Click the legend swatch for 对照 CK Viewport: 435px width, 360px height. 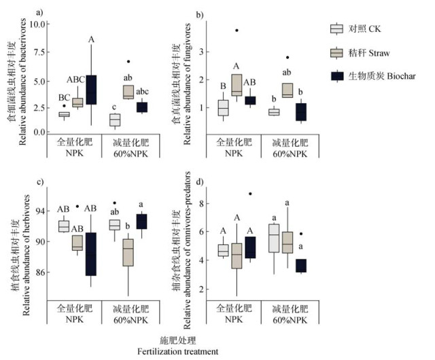tap(336, 28)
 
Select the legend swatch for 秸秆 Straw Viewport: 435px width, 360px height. tap(336, 52)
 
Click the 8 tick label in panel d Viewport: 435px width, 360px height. tap(201, 203)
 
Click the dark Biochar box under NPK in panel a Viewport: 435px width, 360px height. tap(92, 90)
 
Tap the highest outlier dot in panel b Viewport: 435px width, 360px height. tap(237, 30)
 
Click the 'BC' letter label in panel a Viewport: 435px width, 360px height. tap(65, 97)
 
